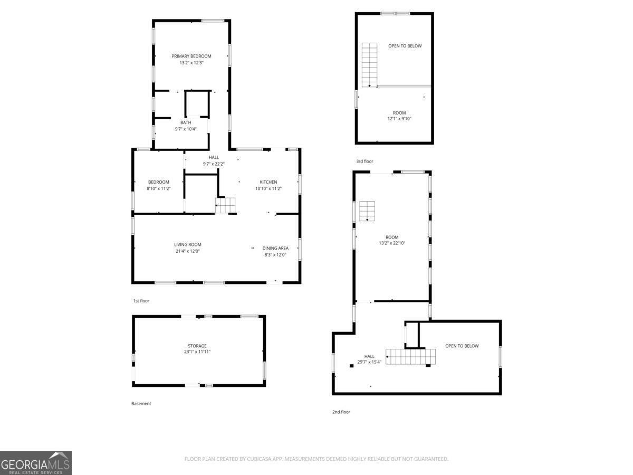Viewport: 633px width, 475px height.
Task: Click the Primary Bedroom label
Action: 191,56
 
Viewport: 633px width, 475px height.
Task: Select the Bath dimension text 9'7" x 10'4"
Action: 186,129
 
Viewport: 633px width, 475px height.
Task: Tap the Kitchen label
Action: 268,182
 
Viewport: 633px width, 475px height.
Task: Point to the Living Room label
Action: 187,244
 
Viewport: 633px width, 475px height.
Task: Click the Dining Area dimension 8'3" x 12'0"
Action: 275,255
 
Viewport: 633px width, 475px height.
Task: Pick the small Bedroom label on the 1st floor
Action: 158,182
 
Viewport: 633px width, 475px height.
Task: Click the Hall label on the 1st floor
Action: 214,157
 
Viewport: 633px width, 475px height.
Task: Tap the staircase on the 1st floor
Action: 226,205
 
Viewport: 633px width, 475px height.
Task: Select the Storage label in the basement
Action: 197,346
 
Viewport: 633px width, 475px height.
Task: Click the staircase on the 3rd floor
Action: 369,64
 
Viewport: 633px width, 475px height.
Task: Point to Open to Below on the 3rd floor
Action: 405,46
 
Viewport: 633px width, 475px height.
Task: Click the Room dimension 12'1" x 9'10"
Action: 399,119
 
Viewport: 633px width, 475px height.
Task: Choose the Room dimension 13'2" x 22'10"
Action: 391,243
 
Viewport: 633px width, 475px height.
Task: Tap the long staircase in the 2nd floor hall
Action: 411,357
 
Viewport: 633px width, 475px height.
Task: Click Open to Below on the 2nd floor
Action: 462,346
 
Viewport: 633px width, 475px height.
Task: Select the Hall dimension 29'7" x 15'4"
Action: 369,363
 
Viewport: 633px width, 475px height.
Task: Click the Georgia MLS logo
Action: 35,463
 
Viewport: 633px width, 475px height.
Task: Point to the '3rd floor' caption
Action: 364,161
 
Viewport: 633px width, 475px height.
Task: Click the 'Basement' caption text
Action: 141,403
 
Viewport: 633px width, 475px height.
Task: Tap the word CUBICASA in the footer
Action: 258,459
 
